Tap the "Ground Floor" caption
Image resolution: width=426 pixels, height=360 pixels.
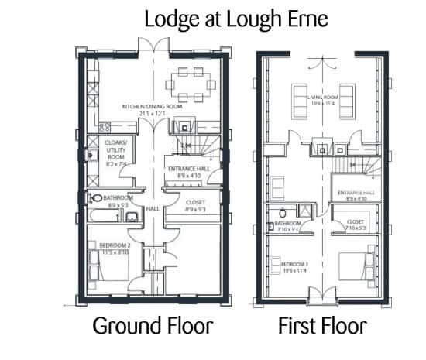(x=153, y=326)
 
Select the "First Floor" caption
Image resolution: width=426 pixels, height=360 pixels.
(x=322, y=326)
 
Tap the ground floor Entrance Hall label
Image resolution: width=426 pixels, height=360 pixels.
(x=189, y=172)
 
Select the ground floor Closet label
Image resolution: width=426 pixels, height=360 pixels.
(x=194, y=205)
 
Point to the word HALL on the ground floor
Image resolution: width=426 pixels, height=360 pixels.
(x=153, y=208)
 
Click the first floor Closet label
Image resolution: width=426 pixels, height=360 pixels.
(x=355, y=225)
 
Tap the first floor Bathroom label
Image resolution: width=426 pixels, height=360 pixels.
(x=287, y=225)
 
